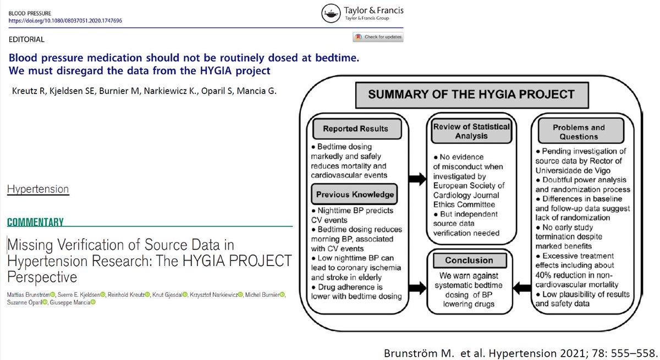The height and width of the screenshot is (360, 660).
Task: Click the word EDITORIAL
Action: [x=27, y=40]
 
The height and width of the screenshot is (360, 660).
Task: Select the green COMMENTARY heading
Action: [x=35, y=223]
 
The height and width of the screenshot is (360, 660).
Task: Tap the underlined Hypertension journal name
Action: [x=38, y=189]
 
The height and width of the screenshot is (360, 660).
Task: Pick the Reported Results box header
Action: [x=355, y=129]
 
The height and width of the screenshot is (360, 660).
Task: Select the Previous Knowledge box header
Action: [x=355, y=194]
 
